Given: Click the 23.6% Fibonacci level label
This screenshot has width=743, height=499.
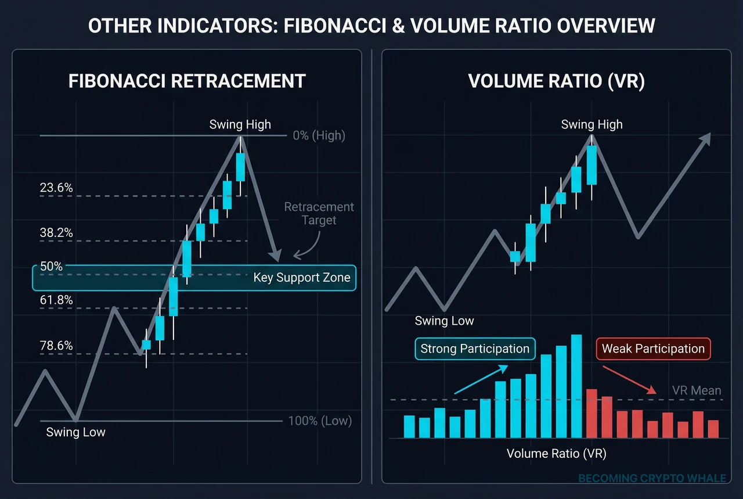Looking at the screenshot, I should click(x=56, y=188).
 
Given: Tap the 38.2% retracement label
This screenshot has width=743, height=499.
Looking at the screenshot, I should click(x=56, y=233).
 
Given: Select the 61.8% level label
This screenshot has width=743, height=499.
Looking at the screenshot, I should click(x=56, y=300).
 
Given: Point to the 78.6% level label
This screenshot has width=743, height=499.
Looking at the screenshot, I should click(x=56, y=346).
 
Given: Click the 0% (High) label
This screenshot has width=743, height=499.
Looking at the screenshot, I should click(x=319, y=136).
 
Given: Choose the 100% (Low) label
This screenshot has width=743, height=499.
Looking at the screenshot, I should click(x=320, y=421).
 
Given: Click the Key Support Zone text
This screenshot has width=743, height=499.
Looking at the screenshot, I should click(x=302, y=277).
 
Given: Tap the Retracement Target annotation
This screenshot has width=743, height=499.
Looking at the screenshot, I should click(x=319, y=213).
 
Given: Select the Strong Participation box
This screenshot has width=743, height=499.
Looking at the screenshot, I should click(x=475, y=349).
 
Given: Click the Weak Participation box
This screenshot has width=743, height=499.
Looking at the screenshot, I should click(x=653, y=349).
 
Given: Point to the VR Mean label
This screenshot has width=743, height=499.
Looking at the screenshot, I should click(x=697, y=390).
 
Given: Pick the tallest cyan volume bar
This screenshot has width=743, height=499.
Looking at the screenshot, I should click(x=576, y=386).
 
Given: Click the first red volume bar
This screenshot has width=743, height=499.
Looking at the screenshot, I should click(x=591, y=413).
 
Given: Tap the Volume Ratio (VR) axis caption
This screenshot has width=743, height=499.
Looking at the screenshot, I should click(x=556, y=453).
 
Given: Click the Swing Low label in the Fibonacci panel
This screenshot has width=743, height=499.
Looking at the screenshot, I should click(x=75, y=432).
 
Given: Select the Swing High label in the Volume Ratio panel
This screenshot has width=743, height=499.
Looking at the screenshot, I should click(x=591, y=124).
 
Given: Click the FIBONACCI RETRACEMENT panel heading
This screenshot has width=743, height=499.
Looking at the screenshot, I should click(x=187, y=81).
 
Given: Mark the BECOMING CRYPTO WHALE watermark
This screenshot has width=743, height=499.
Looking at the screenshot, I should click(x=652, y=478).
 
